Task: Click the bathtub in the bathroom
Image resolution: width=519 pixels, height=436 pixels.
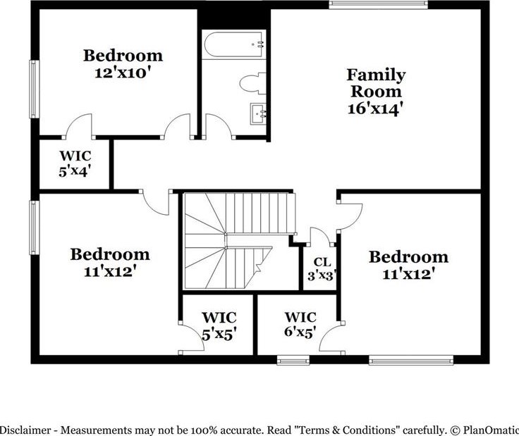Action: [233, 45]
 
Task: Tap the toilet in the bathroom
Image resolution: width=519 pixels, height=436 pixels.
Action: [252, 82]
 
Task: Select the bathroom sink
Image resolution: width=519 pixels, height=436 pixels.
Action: [258, 113]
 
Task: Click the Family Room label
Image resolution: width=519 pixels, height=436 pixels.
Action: [376, 83]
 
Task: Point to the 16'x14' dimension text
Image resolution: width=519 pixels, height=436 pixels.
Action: [375, 108]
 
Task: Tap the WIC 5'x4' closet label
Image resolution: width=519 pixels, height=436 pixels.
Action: [75, 163]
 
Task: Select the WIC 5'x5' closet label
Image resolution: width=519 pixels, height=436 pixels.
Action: [219, 325]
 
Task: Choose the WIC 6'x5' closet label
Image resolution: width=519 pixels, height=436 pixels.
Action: [300, 324]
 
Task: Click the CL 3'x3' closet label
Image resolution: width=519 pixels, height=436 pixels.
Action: [322, 268]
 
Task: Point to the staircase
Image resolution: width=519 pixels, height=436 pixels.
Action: [239, 241]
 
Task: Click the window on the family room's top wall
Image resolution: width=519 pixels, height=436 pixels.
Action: [379, 4]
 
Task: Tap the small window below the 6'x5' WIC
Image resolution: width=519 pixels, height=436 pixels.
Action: [293, 360]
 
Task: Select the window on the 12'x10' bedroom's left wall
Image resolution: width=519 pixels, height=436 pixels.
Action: [35, 89]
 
